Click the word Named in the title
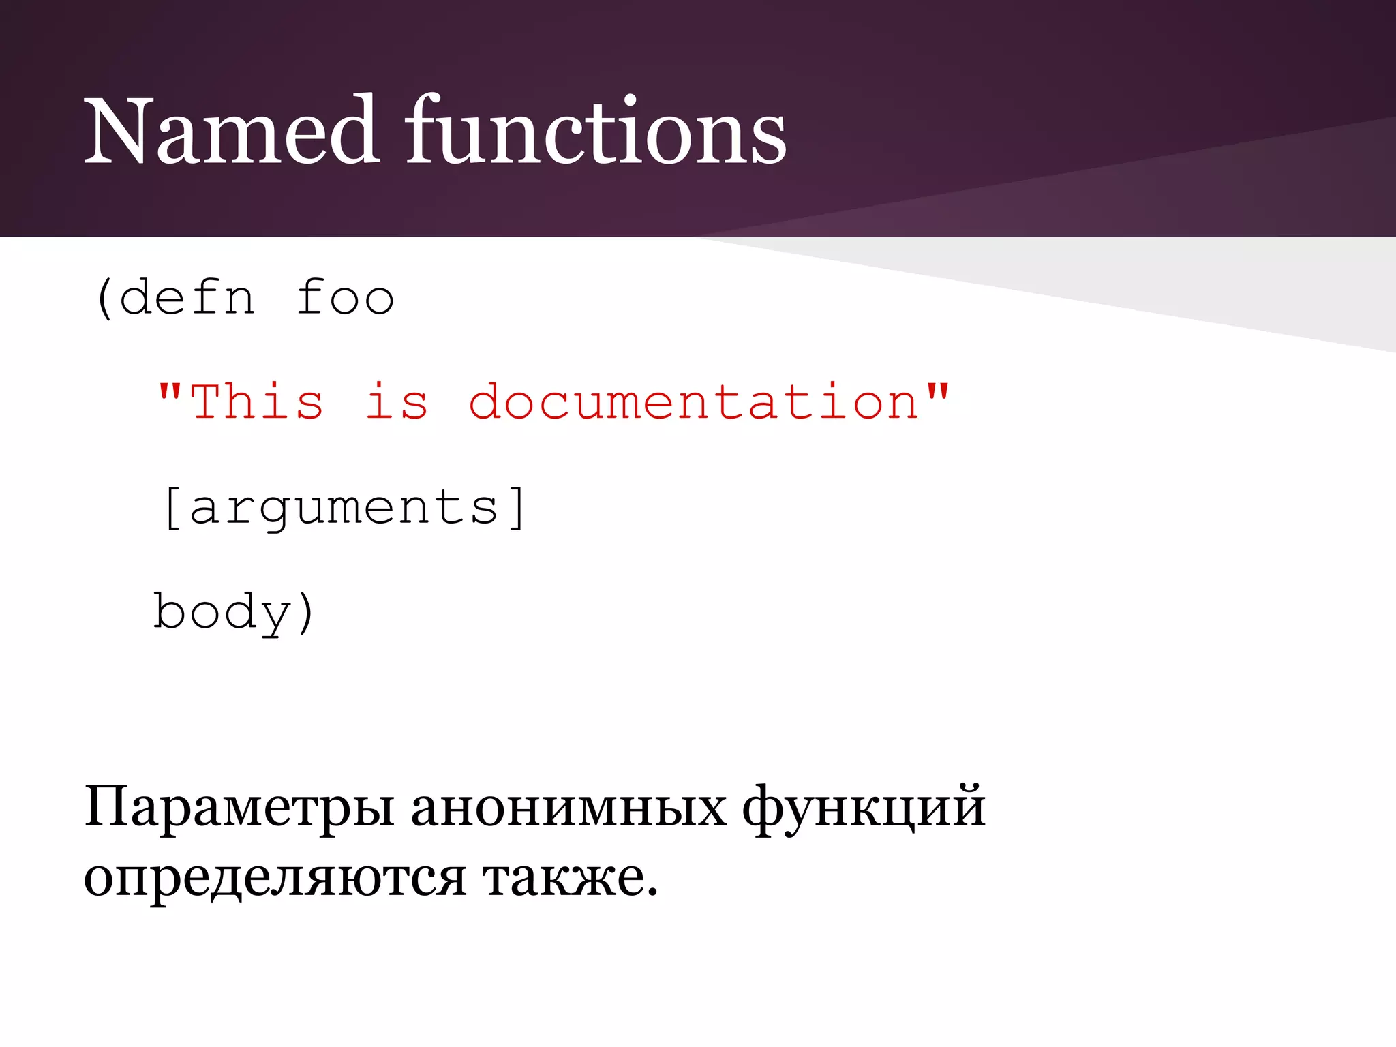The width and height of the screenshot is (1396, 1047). pyautogui.click(x=231, y=130)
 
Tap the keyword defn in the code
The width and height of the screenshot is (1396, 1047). pyautogui.click(x=187, y=298)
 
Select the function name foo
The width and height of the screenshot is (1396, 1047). pyautogui.click(x=345, y=298)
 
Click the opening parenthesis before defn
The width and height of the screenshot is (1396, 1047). pyautogui.click(x=104, y=298)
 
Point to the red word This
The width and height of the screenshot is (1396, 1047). pyautogui.click(x=256, y=402)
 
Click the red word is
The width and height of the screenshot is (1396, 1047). pyautogui.click(x=397, y=402)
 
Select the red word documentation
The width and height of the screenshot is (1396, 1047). pyautogui.click(x=694, y=402)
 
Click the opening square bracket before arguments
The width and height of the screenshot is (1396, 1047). pyautogui.click(x=171, y=507)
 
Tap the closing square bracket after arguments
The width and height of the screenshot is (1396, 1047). pyautogui.click(x=518, y=507)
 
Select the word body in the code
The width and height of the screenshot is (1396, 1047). pyautogui.click(x=222, y=611)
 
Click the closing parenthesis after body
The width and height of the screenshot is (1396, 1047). pyautogui.click(x=306, y=611)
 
